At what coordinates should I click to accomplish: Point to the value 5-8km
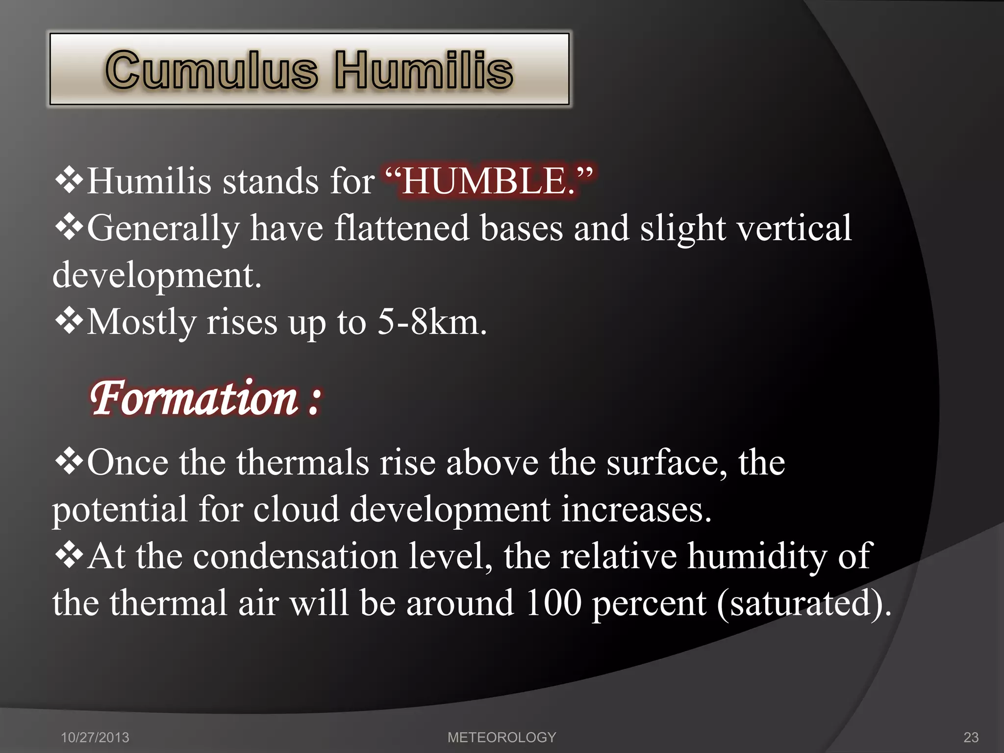pos(431,323)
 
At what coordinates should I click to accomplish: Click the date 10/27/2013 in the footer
pos(95,737)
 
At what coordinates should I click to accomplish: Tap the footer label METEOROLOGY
pos(502,737)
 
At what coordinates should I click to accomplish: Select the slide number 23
pos(971,737)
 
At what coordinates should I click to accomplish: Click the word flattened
pos(402,228)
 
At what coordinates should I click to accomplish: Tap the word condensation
pos(295,557)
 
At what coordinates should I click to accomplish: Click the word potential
pos(120,510)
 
